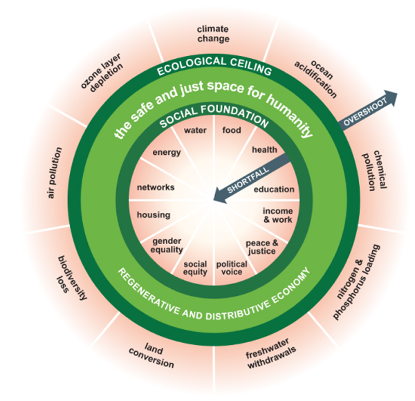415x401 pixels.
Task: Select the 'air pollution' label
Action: point(55,173)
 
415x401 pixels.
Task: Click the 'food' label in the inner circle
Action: point(230,129)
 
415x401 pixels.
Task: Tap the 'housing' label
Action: point(153,215)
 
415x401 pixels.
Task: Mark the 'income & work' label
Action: point(277,214)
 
